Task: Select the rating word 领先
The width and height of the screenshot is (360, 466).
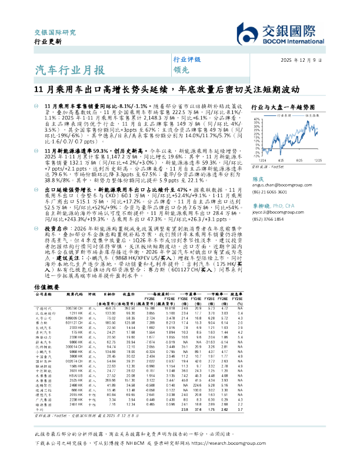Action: click(179, 69)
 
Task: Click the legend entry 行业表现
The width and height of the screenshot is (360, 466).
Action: click(283, 115)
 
